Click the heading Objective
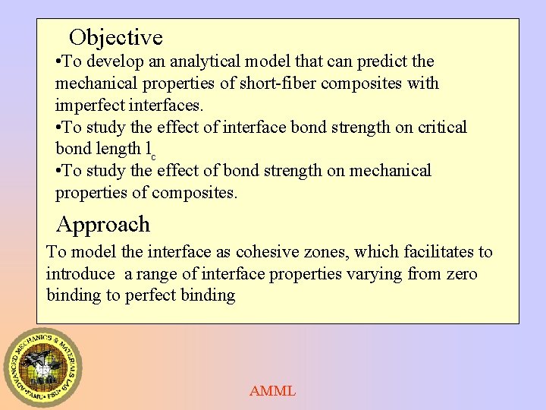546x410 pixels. (115, 37)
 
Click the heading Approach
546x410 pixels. (103, 225)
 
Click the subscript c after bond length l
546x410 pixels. (153, 156)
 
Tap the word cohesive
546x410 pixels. (268, 252)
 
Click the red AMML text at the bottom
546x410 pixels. (273, 392)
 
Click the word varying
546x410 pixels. (374, 273)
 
